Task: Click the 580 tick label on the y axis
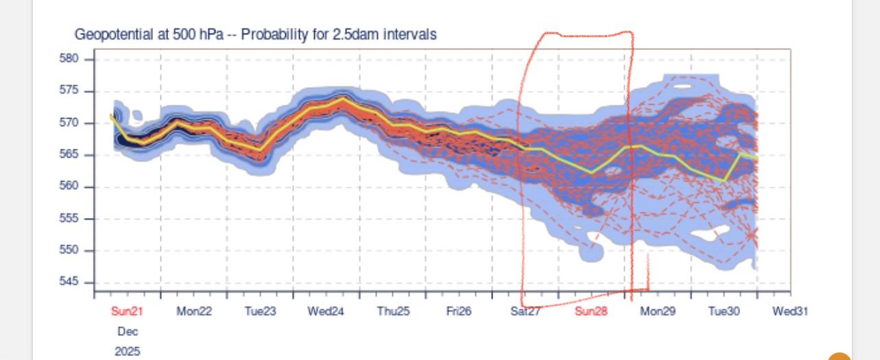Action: point(69,59)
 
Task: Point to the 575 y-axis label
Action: point(69,91)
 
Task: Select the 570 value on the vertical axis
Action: point(69,123)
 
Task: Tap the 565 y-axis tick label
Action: point(69,155)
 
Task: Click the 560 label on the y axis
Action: point(69,187)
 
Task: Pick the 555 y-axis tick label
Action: point(69,219)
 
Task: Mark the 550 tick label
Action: point(69,250)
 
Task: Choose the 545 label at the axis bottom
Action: point(69,283)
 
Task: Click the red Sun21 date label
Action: point(127,311)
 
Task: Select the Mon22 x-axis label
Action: point(194,311)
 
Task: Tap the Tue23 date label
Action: point(261,311)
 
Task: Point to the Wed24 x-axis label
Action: point(325,311)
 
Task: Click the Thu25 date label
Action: point(393,311)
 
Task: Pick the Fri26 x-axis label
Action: point(459,311)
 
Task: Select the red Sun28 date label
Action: point(591,311)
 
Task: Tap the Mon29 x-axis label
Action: point(658,311)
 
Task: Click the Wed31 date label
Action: point(790,311)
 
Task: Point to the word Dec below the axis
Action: point(127,331)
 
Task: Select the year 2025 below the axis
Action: point(127,351)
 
